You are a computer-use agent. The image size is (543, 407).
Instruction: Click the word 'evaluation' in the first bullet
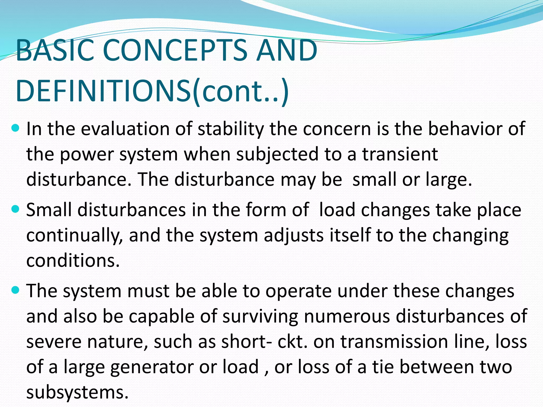tap(125, 129)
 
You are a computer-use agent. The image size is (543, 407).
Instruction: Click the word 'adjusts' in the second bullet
tap(294, 236)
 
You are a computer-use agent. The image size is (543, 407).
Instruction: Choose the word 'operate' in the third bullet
tap(299, 291)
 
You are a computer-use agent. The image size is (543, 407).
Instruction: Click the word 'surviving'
tap(260, 316)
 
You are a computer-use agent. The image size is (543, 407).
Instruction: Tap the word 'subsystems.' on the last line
tap(77, 392)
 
